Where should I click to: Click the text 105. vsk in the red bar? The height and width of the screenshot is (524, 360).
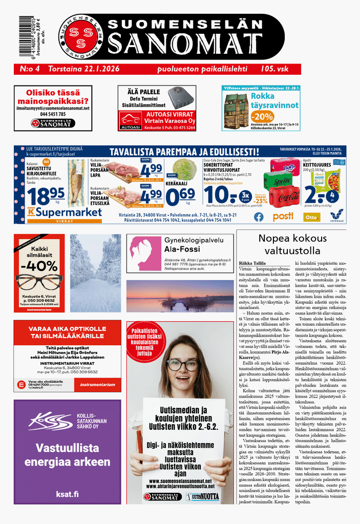(x=277, y=69)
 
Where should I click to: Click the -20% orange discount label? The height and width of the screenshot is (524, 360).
(x=263, y=116)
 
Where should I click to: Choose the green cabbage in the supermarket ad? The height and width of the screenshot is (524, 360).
(x=181, y=169)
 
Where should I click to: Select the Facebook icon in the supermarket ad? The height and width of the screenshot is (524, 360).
(x=259, y=216)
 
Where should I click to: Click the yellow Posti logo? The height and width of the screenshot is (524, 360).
(x=283, y=216)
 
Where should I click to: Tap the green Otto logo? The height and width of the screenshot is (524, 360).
(x=312, y=217)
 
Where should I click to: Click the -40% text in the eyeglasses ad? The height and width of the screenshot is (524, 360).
(x=39, y=266)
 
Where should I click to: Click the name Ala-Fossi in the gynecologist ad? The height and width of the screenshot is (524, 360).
(x=182, y=249)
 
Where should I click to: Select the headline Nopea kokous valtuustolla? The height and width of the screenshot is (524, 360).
(x=292, y=244)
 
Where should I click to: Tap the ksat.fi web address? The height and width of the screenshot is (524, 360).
(x=68, y=494)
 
